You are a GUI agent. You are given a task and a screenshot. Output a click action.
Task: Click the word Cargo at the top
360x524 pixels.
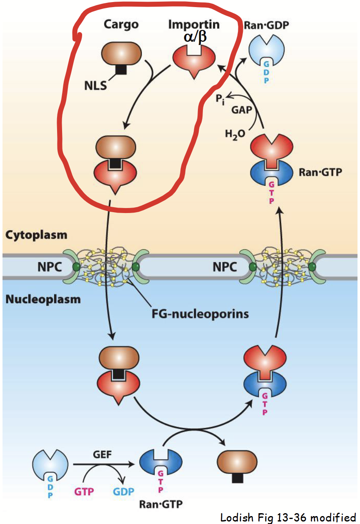click(121, 25)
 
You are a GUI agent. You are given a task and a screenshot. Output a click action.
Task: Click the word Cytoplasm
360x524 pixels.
click(36, 235)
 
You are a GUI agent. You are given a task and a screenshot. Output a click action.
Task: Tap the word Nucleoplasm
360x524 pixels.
click(43, 298)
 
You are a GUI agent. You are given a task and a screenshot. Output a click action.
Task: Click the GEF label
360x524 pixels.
click(102, 454)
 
